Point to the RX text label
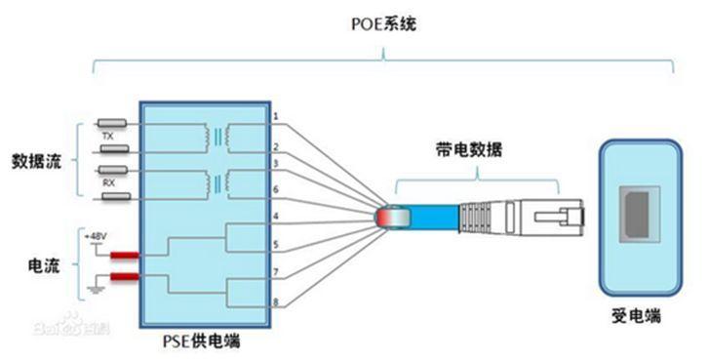click(109, 181)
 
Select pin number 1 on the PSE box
click(276, 117)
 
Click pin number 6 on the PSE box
click(276, 188)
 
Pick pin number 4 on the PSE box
click(276, 216)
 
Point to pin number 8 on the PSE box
click(276, 301)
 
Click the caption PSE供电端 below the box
click(203, 342)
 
